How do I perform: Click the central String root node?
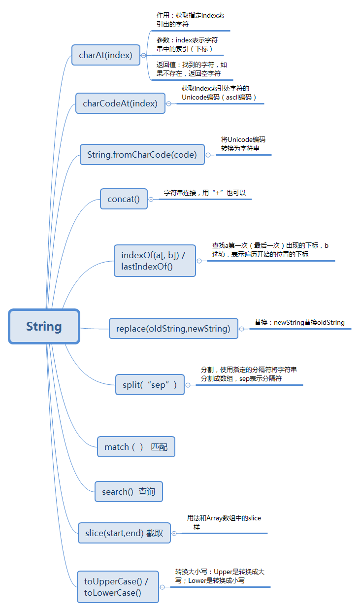[x=44, y=326]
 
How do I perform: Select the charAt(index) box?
[x=105, y=55]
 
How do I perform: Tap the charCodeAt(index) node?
[x=120, y=103]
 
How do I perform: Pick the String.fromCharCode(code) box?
[x=142, y=155]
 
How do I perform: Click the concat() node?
[x=124, y=199]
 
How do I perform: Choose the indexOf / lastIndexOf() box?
[x=155, y=261]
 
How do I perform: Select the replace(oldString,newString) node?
[x=173, y=328]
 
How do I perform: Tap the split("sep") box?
[x=150, y=385]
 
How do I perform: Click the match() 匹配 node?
[x=136, y=447]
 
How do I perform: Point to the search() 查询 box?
[x=129, y=492]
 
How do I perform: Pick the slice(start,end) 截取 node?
[x=124, y=533]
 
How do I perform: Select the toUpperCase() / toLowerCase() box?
[x=118, y=586]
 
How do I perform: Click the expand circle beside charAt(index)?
[x=144, y=56]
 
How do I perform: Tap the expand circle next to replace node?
[x=242, y=329]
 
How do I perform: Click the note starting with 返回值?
[x=192, y=69]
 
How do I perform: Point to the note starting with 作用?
[x=190, y=20]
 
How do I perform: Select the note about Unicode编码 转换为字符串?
[x=243, y=143]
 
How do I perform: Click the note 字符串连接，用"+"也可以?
[x=204, y=193]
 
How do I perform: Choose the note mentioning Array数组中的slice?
[x=224, y=522]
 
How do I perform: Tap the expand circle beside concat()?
[x=151, y=200]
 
